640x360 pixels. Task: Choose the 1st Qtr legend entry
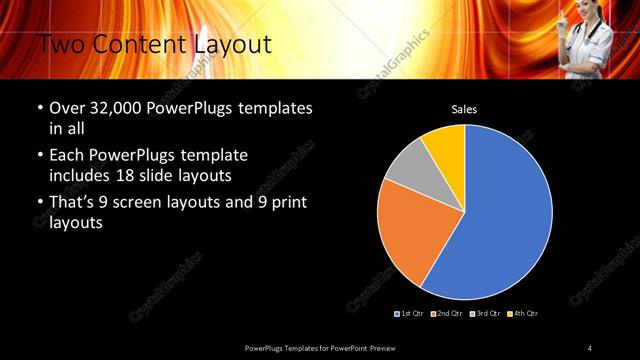point(410,314)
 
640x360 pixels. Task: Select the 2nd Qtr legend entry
point(446,314)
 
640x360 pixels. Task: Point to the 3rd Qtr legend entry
point(484,314)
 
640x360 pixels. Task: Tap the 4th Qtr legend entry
point(521,314)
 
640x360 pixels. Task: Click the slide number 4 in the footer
point(590,347)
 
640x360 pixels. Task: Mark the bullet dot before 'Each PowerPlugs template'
point(39,156)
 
